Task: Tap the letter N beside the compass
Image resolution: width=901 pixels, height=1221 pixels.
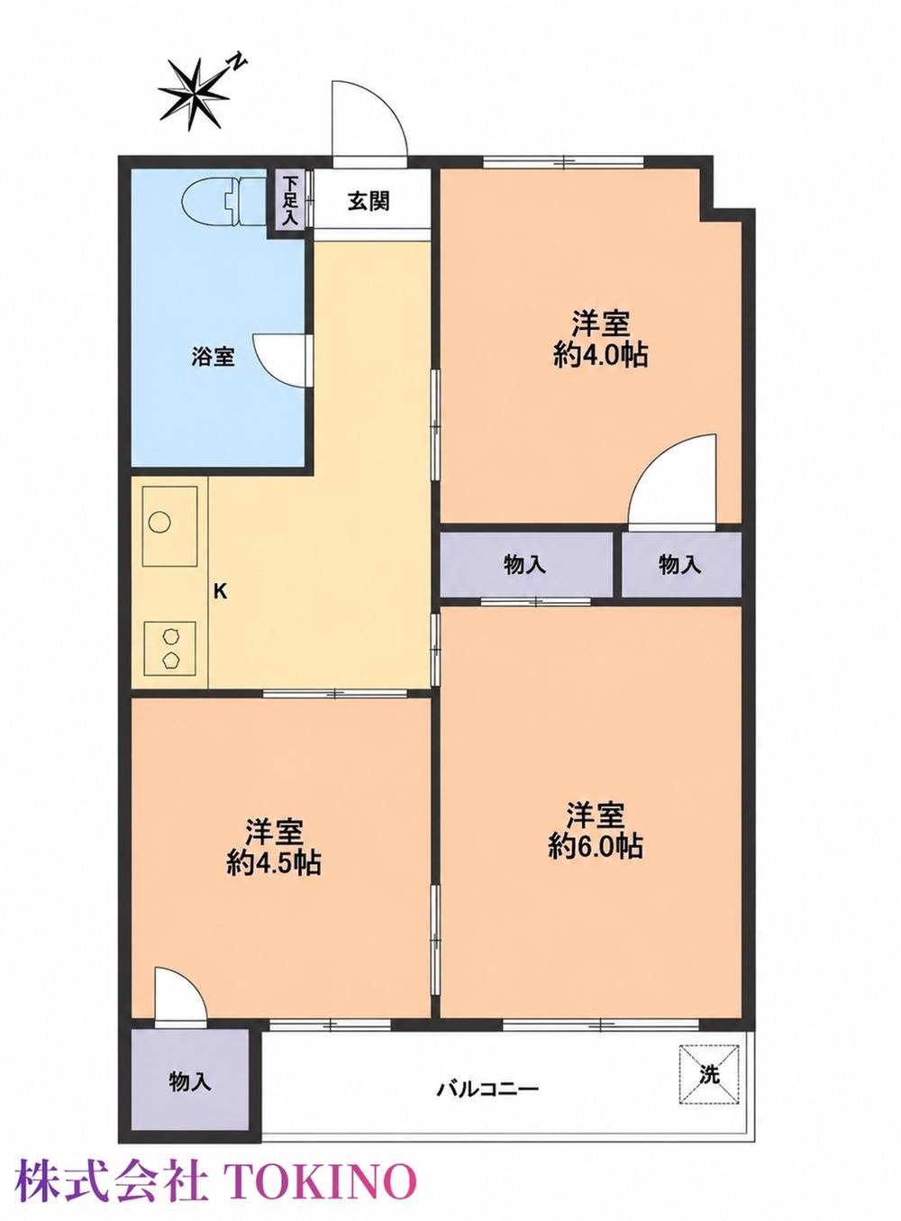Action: point(238,61)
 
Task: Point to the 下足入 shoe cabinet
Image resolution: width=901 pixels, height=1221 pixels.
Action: point(290,200)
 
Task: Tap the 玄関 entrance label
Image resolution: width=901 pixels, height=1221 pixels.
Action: point(369,202)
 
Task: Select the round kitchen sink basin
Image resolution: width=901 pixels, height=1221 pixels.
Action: point(160,523)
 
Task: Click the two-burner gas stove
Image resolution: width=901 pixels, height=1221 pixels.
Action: point(169,649)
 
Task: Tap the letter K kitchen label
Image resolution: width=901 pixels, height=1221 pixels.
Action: point(220,591)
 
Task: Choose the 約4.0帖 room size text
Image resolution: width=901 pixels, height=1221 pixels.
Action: point(600,356)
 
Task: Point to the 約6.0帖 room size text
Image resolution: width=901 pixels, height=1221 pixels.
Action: point(596,845)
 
